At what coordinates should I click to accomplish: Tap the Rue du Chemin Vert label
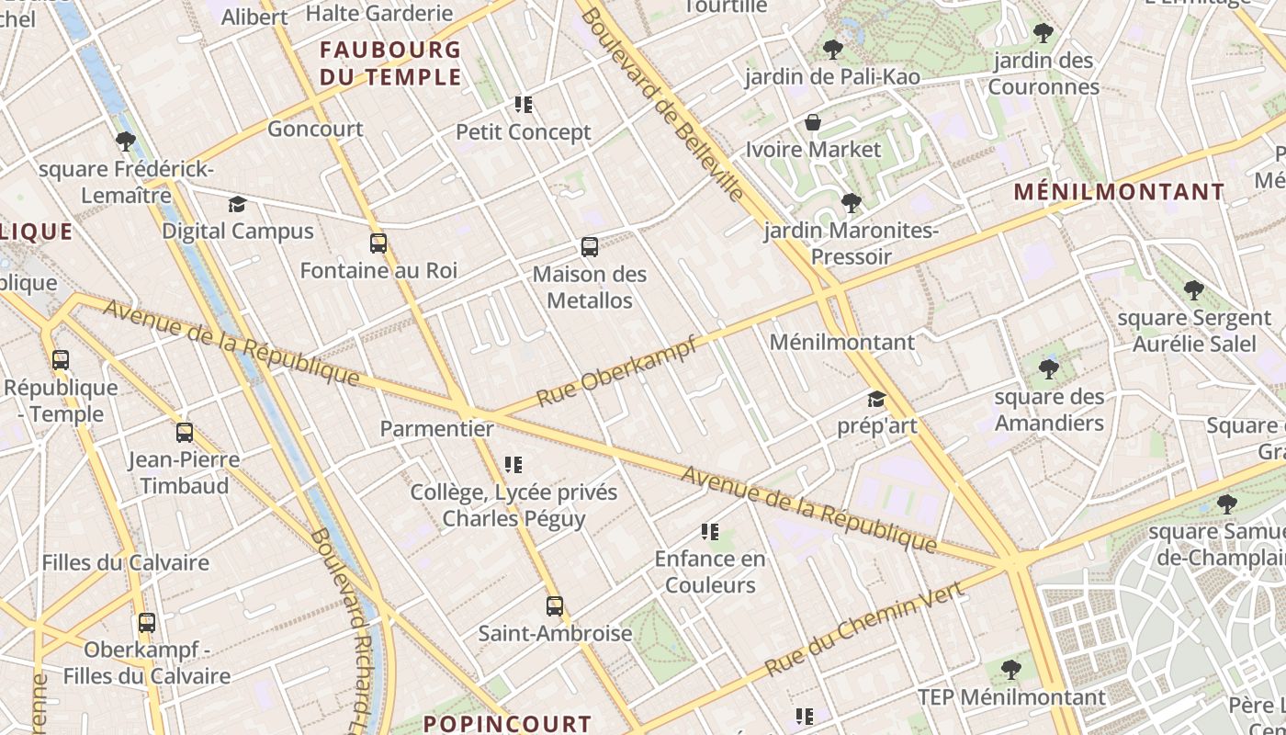tap(864, 628)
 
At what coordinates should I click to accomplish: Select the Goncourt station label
tap(315, 130)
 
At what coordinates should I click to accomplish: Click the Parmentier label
tap(437, 429)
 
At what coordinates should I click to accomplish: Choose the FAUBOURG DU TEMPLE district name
tap(390, 63)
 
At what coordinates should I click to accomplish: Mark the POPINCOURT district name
tap(508, 723)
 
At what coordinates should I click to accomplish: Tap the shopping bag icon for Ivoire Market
tap(813, 122)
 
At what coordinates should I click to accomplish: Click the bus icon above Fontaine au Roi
tap(378, 243)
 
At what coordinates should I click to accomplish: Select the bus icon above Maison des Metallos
tap(590, 247)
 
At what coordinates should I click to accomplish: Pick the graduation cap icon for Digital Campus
tap(238, 204)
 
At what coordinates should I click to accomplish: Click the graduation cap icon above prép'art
tap(876, 400)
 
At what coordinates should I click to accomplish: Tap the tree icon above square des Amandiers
tap(1049, 369)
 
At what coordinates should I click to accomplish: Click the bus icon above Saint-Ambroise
tap(555, 606)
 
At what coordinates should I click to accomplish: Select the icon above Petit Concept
tap(524, 105)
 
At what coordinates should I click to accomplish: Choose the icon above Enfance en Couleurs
tap(709, 532)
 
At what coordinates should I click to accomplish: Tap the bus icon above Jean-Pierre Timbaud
tap(185, 433)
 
